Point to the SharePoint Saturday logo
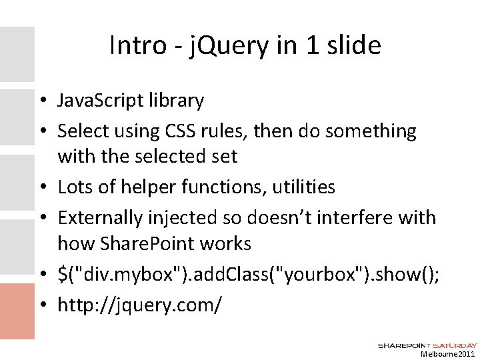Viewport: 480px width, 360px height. (x=427, y=345)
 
